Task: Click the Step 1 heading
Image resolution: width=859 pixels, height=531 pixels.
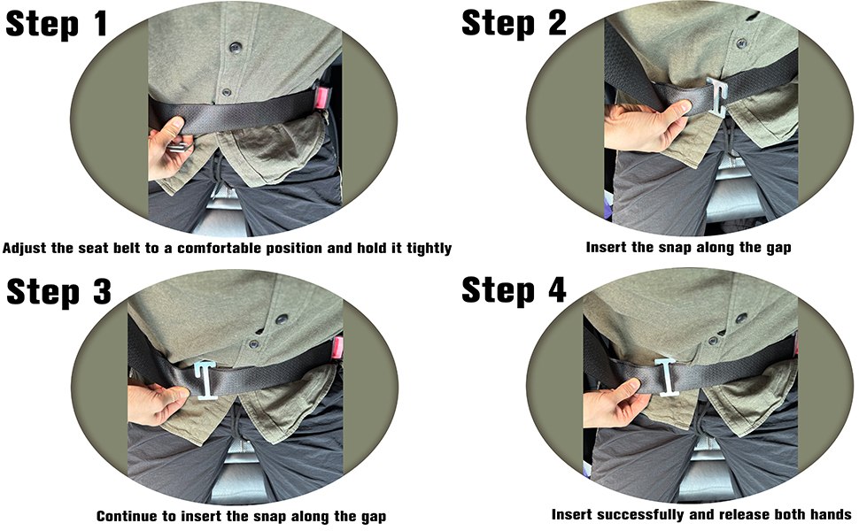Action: [x=57, y=24]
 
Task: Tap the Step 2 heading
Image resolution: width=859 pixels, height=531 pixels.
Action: [x=514, y=24]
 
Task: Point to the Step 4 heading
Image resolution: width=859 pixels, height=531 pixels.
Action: [x=514, y=289]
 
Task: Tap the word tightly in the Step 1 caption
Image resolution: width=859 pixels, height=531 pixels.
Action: [x=429, y=249]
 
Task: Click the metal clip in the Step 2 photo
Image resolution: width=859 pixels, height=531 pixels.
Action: [x=718, y=96]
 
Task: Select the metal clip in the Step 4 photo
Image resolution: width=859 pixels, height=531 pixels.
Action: [x=668, y=376]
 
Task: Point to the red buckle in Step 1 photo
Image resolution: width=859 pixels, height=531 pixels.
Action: [x=321, y=98]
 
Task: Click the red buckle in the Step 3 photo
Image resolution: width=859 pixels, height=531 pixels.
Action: [x=337, y=347]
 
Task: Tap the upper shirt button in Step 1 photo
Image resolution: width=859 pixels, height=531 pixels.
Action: [x=236, y=47]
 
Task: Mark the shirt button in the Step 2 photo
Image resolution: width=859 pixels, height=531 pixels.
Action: [x=741, y=43]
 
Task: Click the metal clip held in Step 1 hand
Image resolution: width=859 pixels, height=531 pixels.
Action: [x=181, y=147]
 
